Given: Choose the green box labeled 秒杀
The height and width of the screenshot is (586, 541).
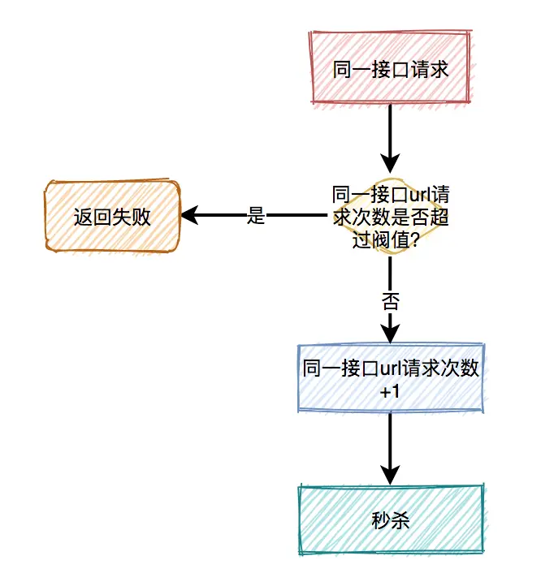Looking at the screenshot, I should click(x=390, y=519).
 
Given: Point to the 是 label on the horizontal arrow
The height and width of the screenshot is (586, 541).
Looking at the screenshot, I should click(x=256, y=216).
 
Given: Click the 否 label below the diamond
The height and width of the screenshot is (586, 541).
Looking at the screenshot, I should click(x=391, y=301).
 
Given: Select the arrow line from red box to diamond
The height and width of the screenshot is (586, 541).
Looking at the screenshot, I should click(x=391, y=130).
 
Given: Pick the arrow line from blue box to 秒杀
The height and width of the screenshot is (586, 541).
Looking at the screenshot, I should click(x=391, y=442).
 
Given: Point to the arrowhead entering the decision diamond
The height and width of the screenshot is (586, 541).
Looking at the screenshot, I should click(x=391, y=166).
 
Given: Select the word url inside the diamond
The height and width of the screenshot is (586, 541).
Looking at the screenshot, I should click(x=418, y=196).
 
